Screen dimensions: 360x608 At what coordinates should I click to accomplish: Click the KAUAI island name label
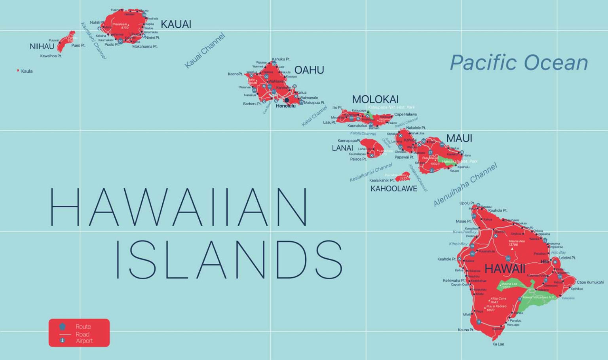pyautogui.click(x=176, y=25)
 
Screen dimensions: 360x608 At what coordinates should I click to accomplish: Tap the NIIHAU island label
pyautogui.click(x=42, y=47)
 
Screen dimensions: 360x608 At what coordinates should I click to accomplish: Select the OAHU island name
pyautogui.click(x=309, y=70)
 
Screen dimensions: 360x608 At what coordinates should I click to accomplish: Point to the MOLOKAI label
pyautogui.click(x=375, y=99)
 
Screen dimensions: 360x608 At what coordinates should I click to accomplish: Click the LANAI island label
pyautogui.click(x=342, y=148)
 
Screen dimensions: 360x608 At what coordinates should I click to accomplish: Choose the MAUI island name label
pyautogui.click(x=459, y=138)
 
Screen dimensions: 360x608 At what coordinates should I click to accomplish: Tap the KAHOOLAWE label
pyautogui.click(x=394, y=189)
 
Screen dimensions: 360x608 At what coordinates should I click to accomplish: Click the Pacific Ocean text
pyautogui.click(x=519, y=63)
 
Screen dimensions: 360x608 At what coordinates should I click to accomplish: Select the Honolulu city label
pyautogui.click(x=286, y=106)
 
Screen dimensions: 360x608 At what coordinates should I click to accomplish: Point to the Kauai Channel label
pyautogui.click(x=205, y=51)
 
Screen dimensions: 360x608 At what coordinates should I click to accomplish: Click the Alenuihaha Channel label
pyautogui.click(x=465, y=185)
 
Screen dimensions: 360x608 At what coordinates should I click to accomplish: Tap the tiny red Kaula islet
pyautogui.click(x=18, y=71)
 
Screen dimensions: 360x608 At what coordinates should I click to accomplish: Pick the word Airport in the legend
pyautogui.click(x=84, y=341)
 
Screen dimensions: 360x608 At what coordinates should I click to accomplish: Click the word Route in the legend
pyautogui.click(x=83, y=327)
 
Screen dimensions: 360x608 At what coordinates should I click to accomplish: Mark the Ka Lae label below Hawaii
pyautogui.click(x=498, y=344)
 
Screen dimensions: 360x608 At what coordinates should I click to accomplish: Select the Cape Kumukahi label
pyautogui.click(x=590, y=282)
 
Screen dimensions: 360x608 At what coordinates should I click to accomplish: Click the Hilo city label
pyautogui.click(x=545, y=261)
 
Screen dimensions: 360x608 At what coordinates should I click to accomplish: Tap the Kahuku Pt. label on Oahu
pyautogui.click(x=281, y=59)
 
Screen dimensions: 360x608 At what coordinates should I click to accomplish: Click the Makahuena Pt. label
pyautogui.click(x=145, y=47)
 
